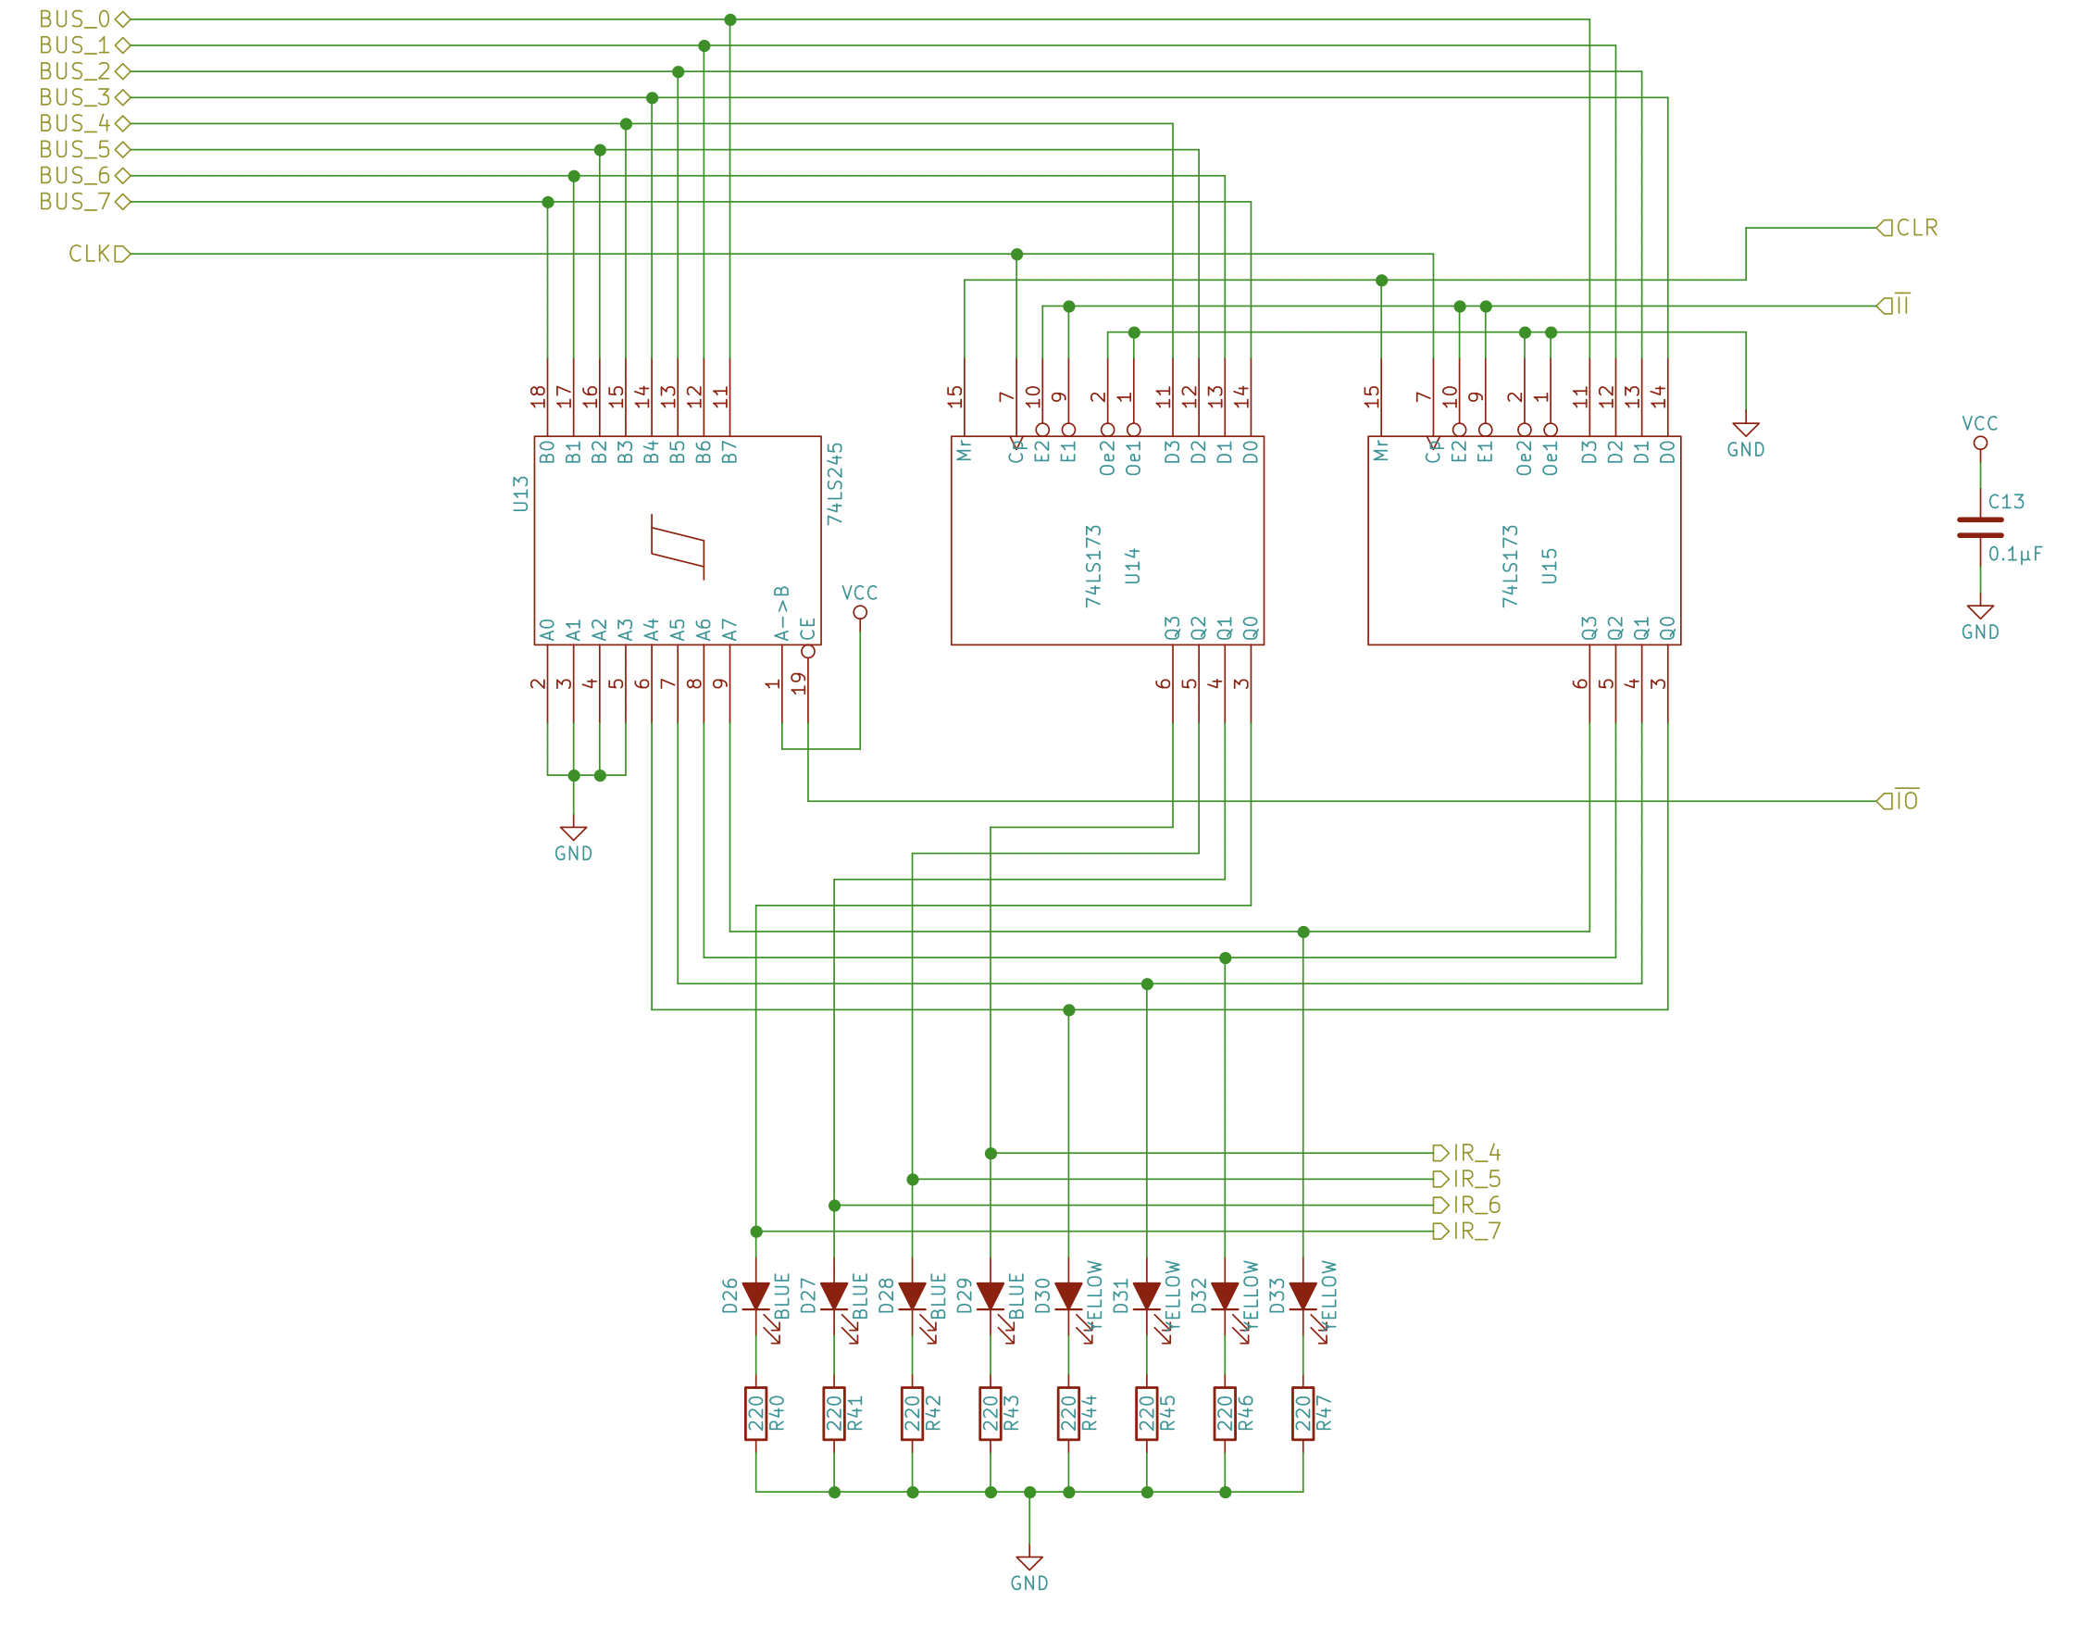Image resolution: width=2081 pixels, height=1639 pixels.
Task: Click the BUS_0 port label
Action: click(x=75, y=19)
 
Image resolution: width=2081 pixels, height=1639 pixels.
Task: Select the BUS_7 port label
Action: click(x=75, y=202)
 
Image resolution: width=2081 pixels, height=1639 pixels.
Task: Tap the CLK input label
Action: click(x=90, y=254)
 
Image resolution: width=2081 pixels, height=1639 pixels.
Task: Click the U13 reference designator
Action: click(x=520, y=494)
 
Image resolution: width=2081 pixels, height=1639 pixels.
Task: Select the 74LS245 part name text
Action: click(x=835, y=482)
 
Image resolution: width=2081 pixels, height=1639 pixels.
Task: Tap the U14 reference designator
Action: click(x=1132, y=565)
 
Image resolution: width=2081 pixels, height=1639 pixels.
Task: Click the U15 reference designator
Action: click(x=1549, y=565)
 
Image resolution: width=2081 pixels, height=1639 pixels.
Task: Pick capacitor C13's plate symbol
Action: click(x=1979, y=527)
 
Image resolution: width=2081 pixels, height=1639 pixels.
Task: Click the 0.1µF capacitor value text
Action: click(x=2014, y=554)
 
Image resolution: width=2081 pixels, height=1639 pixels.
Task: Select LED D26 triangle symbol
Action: click(x=756, y=1295)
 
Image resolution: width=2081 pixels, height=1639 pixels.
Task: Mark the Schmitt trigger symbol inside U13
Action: click(x=678, y=547)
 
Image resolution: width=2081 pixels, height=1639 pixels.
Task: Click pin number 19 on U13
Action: click(x=798, y=683)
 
